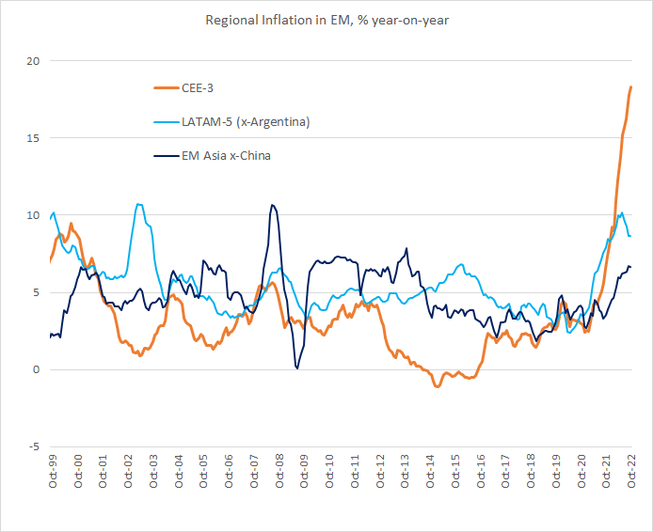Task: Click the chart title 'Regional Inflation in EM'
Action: click(326, 20)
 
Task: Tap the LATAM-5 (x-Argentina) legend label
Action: click(246, 122)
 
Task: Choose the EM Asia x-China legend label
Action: click(226, 155)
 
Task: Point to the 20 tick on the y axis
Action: click(34, 61)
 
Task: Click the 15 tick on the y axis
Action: click(34, 138)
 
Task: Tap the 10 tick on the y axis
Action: click(34, 215)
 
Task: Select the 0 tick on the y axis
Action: click(37, 369)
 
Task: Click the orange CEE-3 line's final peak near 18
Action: click(630, 87)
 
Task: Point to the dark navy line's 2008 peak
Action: click(272, 205)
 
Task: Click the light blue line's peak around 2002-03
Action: click(139, 204)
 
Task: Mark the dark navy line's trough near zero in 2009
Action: click(297, 368)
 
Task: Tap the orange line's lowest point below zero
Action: click(438, 386)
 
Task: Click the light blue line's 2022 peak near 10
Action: click(620, 213)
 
